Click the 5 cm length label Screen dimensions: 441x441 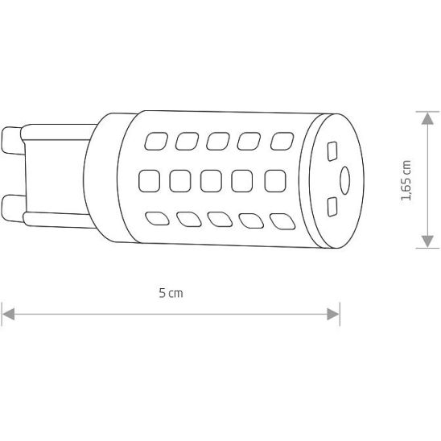click(171, 293)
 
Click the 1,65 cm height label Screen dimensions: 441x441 click(406, 180)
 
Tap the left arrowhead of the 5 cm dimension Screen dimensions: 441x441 click(8, 314)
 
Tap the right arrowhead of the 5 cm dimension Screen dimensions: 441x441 click(333, 314)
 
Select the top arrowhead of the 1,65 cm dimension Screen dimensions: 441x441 click(427, 118)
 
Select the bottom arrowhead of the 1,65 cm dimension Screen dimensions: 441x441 click(427, 242)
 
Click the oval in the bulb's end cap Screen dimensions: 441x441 click(344, 180)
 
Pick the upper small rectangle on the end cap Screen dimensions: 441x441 click(332, 151)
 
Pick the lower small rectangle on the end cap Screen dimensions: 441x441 click(332, 207)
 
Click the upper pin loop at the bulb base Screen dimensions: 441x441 click(12, 141)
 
